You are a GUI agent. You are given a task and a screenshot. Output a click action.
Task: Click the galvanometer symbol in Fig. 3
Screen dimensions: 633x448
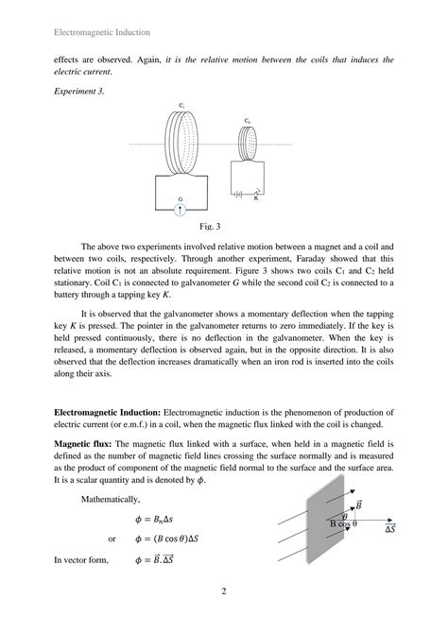tap(181, 212)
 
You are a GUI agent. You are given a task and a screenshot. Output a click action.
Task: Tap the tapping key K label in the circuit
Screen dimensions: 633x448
tap(254, 199)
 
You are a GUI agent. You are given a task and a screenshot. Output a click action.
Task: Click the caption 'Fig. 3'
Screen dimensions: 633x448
tap(210, 227)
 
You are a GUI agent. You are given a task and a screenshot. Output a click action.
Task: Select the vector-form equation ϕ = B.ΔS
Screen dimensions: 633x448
tap(161, 560)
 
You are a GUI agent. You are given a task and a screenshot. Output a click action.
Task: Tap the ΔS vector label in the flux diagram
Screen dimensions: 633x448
tap(388, 531)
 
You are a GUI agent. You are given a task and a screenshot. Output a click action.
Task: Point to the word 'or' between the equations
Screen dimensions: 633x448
tap(112, 539)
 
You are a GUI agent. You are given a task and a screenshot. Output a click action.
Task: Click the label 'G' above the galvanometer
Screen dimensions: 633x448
tap(181, 199)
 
